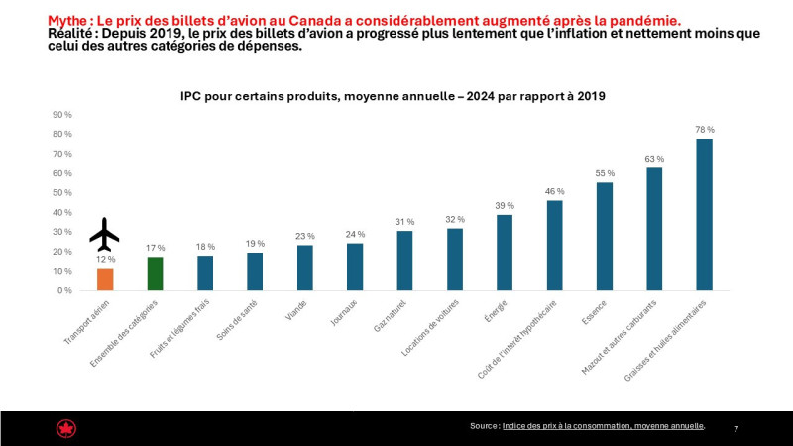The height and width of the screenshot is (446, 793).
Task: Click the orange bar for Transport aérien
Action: click(105, 279)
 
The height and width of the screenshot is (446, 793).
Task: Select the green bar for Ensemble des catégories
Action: click(156, 274)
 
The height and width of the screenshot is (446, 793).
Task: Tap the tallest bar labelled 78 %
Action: click(704, 214)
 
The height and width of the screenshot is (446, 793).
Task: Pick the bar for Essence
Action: click(605, 237)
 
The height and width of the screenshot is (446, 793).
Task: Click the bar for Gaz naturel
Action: click(404, 261)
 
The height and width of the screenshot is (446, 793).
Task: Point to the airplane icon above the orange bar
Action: click(104, 234)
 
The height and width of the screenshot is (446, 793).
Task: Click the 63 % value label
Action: click(654, 159)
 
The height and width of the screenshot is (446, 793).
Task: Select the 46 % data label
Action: click(555, 191)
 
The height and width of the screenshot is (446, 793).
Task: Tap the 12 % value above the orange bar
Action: click(105, 259)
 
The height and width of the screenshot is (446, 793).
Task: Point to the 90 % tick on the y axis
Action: click(62, 115)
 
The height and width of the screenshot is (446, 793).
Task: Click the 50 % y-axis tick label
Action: click(62, 193)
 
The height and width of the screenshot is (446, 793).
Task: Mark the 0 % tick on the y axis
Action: click(64, 290)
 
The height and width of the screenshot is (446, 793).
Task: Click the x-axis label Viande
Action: click(296, 310)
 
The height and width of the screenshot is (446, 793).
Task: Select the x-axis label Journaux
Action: click(344, 312)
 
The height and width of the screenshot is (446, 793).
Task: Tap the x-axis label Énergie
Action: click(496, 311)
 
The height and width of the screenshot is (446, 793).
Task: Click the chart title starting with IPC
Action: click(393, 96)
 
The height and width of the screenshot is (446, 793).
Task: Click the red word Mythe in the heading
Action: click(67, 21)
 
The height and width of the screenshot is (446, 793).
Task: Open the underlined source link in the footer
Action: click(603, 426)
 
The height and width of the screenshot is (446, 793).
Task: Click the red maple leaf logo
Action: click(66, 429)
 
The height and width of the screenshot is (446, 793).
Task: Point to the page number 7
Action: click(736, 429)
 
